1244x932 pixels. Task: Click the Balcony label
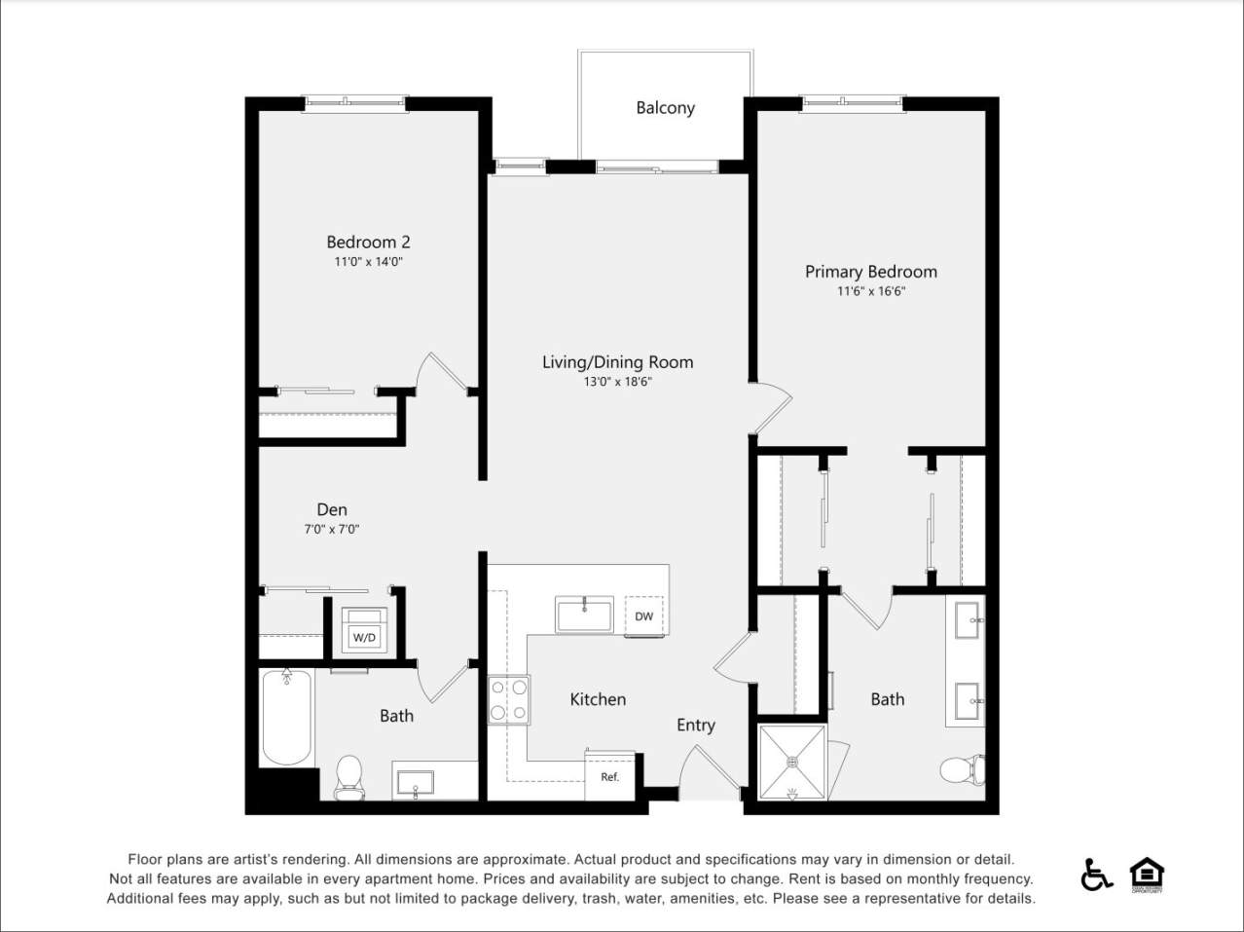pos(665,108)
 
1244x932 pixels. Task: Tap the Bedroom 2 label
pos(368,242)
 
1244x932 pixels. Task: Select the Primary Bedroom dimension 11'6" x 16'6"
pos(870,291)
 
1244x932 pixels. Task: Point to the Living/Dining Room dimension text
pos(617,383)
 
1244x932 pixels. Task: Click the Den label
pos(332,509)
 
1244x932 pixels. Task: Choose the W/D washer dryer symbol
pos(364,631)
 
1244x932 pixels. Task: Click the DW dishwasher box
pos(643,616)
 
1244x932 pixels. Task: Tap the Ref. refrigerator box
pos(609,776)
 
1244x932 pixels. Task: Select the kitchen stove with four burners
pos(508,700)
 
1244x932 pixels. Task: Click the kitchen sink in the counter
pos(584,615)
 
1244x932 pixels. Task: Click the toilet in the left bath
pos(348,776)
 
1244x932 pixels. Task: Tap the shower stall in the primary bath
pos(791,761)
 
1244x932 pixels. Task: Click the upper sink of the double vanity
pos(968,619)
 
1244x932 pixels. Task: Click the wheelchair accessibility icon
pos(1096,875)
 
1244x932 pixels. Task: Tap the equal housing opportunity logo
pos(1147,875)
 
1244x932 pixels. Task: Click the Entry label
pos(696,725)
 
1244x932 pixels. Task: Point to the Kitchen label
pos(598,699)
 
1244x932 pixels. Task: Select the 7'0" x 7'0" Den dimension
pos(332,530)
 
